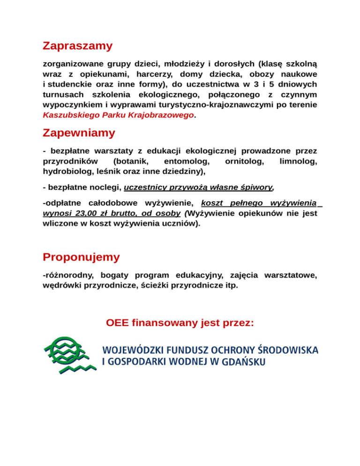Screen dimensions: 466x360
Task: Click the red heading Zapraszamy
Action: tap(77, 46)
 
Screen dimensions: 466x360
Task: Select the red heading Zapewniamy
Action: tap(78, 133)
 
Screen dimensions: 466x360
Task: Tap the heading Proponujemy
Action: tap(81, 257)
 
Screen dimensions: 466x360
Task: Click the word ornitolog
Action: tap(244, 161)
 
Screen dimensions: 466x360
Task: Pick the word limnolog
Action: tap(298, 161)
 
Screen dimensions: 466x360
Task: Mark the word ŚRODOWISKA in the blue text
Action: tap(288, 350)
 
